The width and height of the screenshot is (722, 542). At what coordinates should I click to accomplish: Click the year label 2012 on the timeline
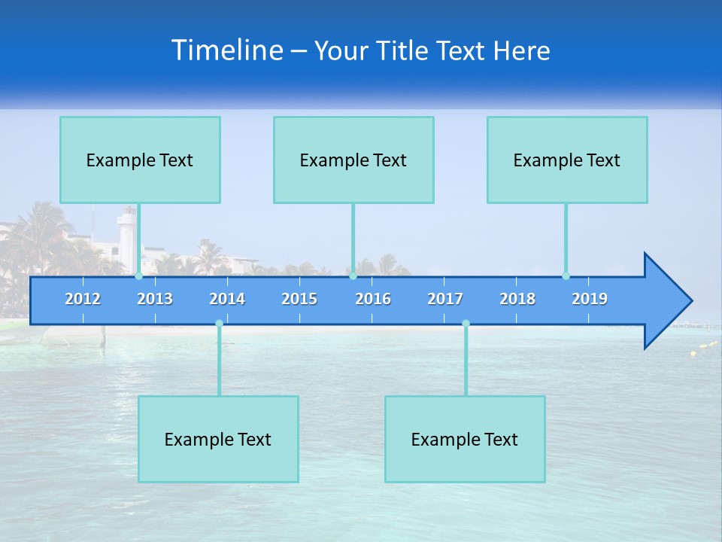(x=83, y=299)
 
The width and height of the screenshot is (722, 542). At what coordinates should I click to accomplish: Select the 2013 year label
(x=155, y=299)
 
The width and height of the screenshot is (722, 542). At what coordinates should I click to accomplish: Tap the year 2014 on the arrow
(x=227, y=299)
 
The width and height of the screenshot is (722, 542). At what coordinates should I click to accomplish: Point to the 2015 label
(x=299, y=299)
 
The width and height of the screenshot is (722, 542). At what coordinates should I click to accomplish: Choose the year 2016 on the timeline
(x=373, y=299)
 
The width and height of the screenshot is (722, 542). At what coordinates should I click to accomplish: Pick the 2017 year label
(x=445, y=299)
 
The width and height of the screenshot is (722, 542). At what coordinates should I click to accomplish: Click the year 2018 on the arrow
(x=517, y=299)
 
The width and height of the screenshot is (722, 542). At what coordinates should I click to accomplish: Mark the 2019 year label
(x=590, y=299)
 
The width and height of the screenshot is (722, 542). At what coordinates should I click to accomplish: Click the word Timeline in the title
(x=226, y=50)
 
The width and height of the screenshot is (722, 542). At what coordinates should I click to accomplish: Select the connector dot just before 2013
(x=139, y=276)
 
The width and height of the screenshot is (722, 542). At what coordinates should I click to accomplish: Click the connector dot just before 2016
(x=353, y=276)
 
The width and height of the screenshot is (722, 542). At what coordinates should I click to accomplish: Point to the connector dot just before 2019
(x=566, y=276)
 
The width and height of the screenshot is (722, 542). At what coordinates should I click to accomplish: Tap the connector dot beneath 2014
(x=219, y=324)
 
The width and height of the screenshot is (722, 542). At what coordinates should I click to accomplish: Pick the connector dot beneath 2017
(x=466, y=324)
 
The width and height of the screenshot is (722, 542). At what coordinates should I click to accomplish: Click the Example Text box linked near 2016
(x=353, y=160)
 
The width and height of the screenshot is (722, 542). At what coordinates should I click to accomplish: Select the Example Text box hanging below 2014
(x=218, y=439)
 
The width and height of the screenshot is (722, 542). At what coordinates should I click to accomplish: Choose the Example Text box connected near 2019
(x=567, y=160)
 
